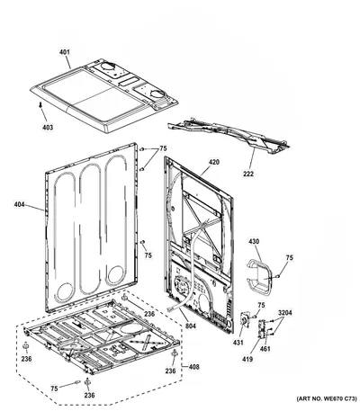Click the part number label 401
pos(64,52)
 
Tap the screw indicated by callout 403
pos(40,104)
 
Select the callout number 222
pos(248,174)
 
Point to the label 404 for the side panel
pos(19,205)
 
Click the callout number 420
pos(214,162)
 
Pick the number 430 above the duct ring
pos(254,241)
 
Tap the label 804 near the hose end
pos(190,325)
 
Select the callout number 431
pos(238,342)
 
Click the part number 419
pos(247,359)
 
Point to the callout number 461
pos(265,349)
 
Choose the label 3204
pos(284,313)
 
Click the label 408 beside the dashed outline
pos(193,366)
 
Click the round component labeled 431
pos(245,321)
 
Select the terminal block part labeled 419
pos(262,329)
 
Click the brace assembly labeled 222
pos(229,136)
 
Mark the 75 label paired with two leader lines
pos(163,148)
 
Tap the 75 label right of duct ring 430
pos(290,258)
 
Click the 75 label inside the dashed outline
pos(54,389)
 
